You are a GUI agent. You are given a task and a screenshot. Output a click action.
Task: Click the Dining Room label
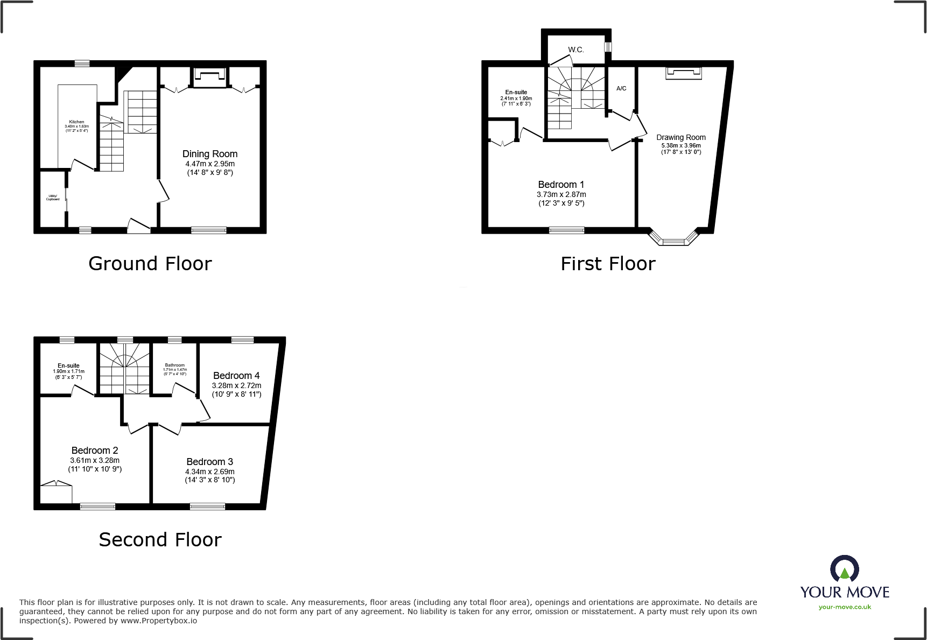coord(209,154)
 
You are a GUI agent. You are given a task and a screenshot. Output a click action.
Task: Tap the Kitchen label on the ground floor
coord(76,122)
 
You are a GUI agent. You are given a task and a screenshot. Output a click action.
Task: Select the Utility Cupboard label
coord(53,198)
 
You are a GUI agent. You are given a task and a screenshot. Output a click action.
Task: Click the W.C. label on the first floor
coord(575,50)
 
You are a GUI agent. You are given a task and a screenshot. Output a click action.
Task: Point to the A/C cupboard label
coord(621,88)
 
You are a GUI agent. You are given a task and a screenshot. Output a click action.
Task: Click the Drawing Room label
coord(680,137)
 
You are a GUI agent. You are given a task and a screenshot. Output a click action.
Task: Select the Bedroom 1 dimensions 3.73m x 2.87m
coord(561,194)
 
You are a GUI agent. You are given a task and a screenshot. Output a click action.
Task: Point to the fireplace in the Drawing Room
coord(684,73)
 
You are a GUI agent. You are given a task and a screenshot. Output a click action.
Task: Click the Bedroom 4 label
coord(236,376)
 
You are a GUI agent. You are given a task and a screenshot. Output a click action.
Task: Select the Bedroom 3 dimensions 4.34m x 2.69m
coord(209,472)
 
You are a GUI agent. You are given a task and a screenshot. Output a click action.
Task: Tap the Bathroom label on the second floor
coord(174,365)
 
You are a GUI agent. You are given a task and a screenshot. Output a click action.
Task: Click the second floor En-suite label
coord(68,365)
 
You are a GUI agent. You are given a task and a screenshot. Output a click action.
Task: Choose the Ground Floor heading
coord(150,264)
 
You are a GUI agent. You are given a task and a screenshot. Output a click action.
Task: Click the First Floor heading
coord(608,264)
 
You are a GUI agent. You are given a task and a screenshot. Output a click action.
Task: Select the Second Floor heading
coord(160,540)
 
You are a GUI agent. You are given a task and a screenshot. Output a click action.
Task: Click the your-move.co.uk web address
coord(845,607)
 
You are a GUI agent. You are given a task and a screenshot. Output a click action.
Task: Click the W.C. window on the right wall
coord(608,47)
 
